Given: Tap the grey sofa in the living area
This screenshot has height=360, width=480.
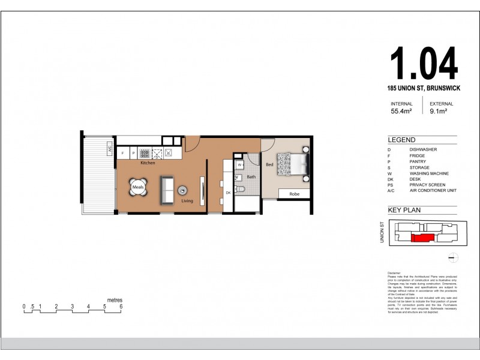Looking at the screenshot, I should (x=167, y=189).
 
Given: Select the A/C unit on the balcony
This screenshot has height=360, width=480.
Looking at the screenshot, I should (x=110, y=148).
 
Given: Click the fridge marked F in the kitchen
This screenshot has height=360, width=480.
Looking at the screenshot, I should (x=123, y=154).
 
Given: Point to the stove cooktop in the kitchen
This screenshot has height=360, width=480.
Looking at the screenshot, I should (x=145, y=154).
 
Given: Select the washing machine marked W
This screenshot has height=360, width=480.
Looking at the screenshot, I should (x=239, y=164).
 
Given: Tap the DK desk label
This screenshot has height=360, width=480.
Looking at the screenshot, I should (x=229, y=193).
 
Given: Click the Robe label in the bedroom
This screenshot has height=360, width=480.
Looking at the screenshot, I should (x=294, y=194).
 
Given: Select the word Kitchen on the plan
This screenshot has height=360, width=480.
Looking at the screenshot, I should (x=148, y=163).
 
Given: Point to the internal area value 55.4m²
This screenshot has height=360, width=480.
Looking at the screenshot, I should (x=401, y=111).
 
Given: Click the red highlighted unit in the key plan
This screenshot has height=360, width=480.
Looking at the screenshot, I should (x=423, y=238).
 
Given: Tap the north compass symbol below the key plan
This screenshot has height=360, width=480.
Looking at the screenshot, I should (x=454, y=258).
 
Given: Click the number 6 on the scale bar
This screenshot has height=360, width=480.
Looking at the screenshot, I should (x=121, y=307).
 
